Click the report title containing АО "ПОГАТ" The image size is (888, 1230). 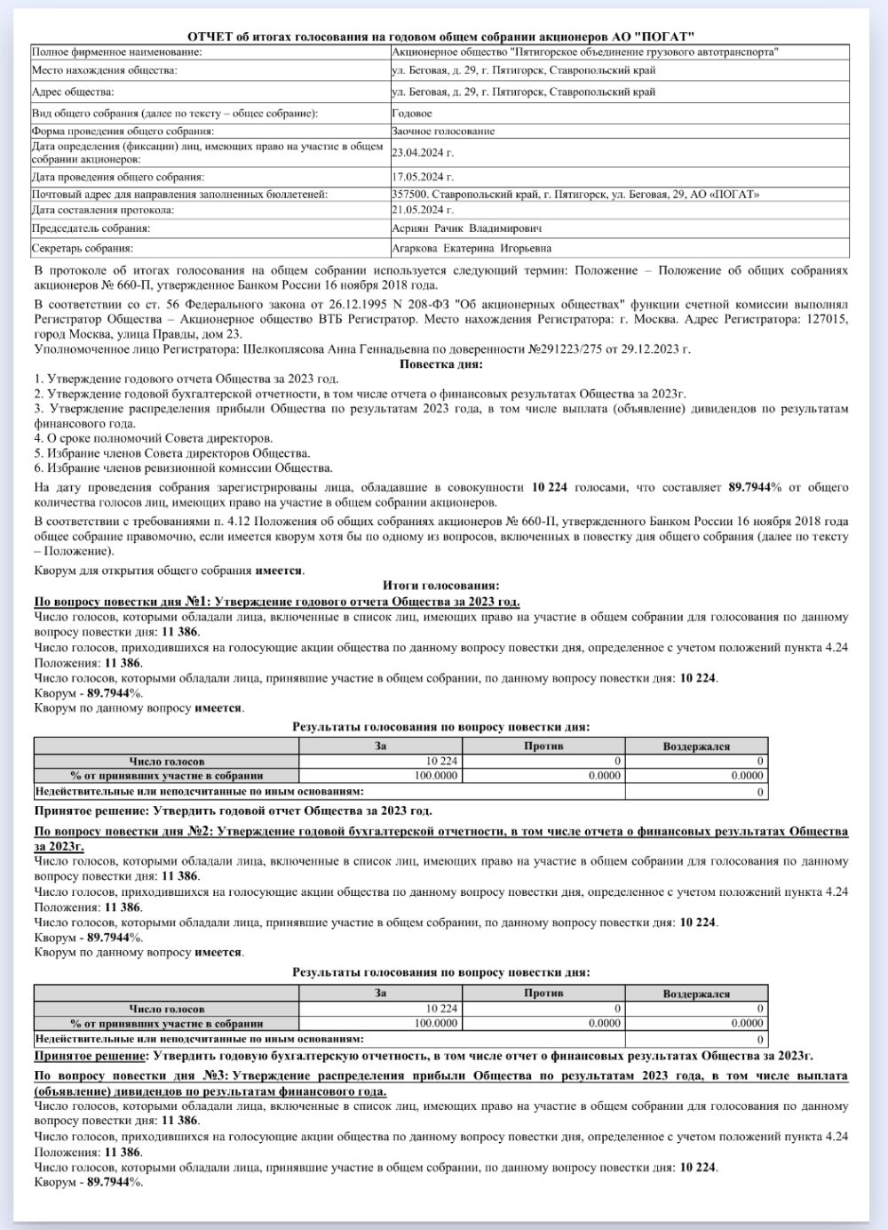tap(441, 36)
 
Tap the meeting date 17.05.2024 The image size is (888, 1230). tap(423, 177)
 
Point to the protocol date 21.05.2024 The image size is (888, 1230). tap(423, 210)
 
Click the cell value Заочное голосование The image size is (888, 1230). tap(443, 131)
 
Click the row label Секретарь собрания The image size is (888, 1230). tap(83, 248)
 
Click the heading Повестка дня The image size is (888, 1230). tap(441, 364)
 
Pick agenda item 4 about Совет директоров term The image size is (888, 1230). tap(154, 438)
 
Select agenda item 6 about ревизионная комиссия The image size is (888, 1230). tap(184, 468)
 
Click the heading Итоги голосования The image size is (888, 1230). tap(441, 586)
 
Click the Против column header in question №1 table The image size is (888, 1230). tap(543, 746)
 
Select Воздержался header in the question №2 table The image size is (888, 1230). tap(696, 994)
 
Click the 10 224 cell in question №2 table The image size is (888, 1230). tap(441, 1009)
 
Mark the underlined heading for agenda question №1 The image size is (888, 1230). tap(276, 602)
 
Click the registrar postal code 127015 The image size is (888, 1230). tap(829, 319)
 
